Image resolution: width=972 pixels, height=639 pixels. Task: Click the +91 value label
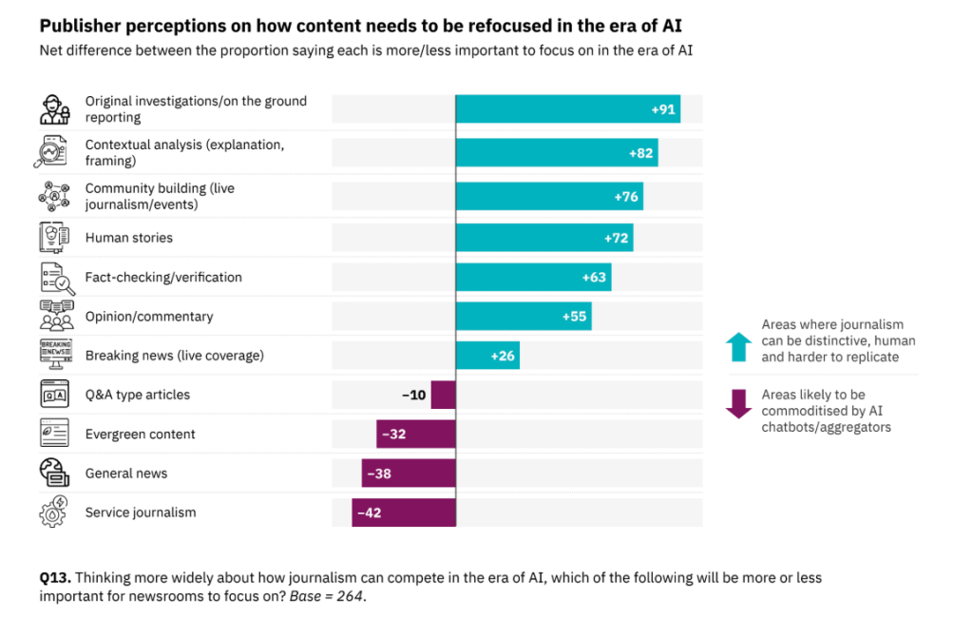tap(663, 109)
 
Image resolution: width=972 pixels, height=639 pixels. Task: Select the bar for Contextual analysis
tap(556, 152)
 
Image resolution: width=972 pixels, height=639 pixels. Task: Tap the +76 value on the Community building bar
tap(626, 198)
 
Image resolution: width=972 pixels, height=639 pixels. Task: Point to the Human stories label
tap(129, 238)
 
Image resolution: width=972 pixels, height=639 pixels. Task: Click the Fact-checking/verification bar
tap(533, 278)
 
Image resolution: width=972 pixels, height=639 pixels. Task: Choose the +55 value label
tap(575, 317)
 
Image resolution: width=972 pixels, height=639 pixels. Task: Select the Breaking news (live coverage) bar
tap(487, 356)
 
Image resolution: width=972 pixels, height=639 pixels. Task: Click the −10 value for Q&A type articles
tap(414, 395)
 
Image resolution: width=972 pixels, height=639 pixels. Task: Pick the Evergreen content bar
tap(416, 434)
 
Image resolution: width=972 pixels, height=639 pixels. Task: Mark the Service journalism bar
tap(404, 513)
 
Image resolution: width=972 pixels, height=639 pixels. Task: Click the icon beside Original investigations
tap(54, 109)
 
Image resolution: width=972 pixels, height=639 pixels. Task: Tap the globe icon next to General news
tap(53, 473)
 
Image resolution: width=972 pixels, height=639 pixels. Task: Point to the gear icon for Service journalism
tap(53, 512)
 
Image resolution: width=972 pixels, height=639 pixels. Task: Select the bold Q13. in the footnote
tap(55, 578)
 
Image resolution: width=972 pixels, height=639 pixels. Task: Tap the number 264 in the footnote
tap(350, 596)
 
